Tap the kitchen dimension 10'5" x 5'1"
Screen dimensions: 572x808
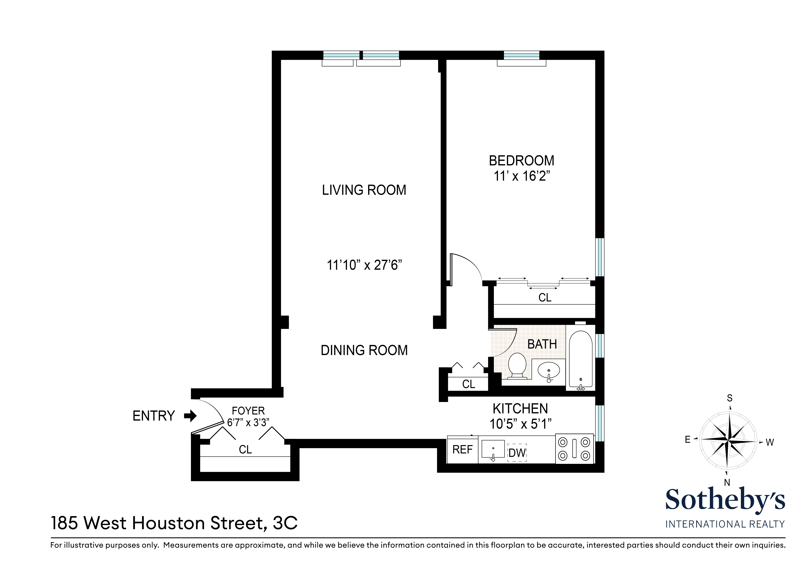[520, 424]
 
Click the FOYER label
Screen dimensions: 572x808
[248, 411]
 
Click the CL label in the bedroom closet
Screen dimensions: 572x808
[545, 298]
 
